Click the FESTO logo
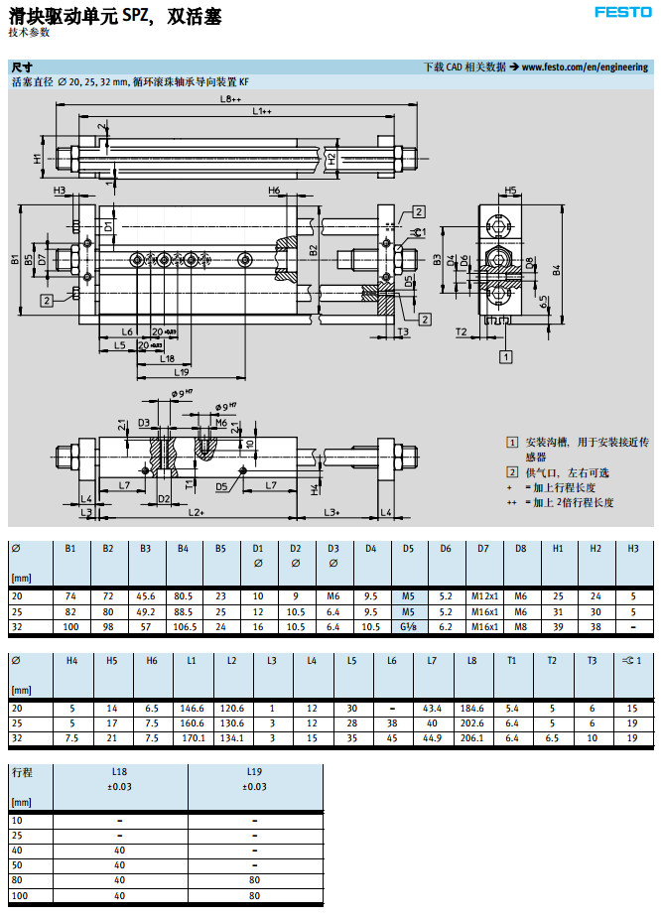coord(622,12)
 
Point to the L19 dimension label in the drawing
coord(182,371)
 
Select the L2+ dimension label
coord(195,512)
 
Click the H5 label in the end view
coord(510,190)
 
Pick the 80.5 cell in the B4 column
coord(183,596)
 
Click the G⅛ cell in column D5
coord(408,628)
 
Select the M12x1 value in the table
coord(483,596)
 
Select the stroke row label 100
coord(18,896)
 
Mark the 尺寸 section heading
coord(21,67)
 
